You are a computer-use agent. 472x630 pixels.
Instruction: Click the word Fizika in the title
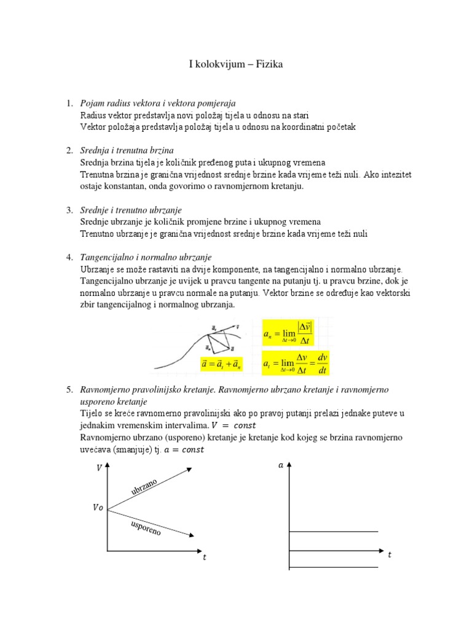coord(268,65)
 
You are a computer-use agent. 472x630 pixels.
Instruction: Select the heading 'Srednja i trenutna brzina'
coord(127,150)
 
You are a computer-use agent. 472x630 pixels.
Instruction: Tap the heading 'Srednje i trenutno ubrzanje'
coord(131,210)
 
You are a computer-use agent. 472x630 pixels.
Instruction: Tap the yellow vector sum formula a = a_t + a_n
coord(222,365)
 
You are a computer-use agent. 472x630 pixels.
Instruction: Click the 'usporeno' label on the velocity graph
coord(146,527)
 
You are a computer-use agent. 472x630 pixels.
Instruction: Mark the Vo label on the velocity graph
coord(98,508)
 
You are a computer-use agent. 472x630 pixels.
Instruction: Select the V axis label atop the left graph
coord(99,468)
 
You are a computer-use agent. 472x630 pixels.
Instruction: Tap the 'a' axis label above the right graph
coord(281,465)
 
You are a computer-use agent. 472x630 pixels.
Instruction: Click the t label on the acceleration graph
coord(389,555)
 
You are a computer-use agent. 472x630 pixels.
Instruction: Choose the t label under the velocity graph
coord(205,558)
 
